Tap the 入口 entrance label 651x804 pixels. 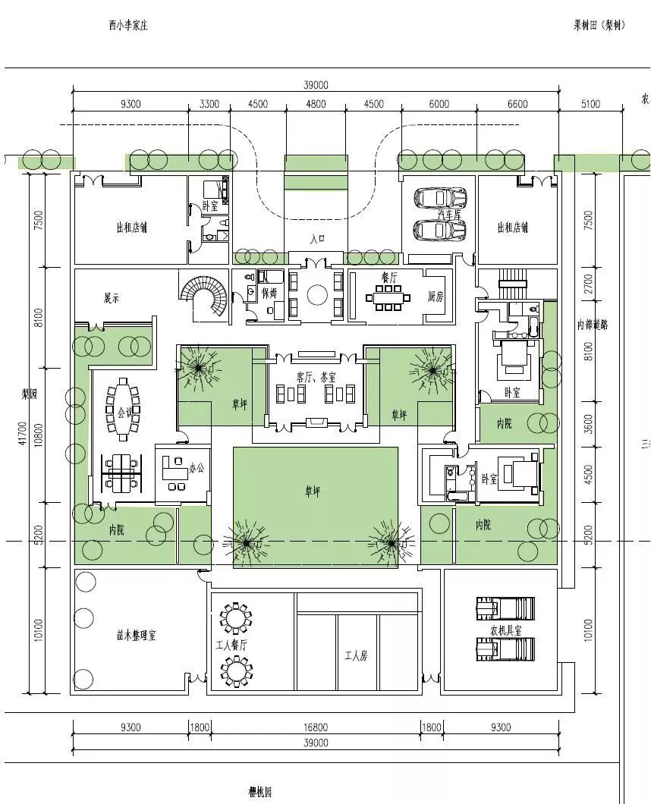tap(318, 238)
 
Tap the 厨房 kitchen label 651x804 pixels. tap(436, 295)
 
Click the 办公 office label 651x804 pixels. tap(197, 469)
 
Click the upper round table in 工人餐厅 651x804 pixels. tap(236, 618)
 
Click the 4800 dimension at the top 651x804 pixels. tap(316, 104)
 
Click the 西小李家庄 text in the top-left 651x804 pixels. tap(127, 26)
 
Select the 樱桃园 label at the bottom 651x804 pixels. tap(259, 792)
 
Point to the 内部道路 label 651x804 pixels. tap(593, 325)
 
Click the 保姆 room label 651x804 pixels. tap(269, 292)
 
